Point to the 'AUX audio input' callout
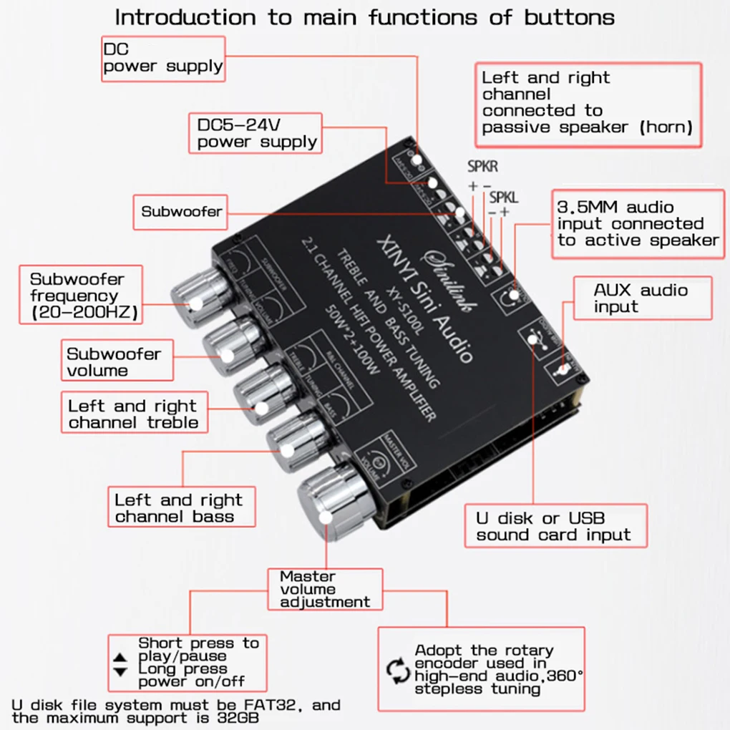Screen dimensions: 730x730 tap(641, 298)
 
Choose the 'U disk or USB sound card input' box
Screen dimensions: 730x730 tap(555, 526)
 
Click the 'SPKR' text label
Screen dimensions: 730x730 tap(482, 167)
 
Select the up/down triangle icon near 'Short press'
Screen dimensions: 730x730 tap(120, 664)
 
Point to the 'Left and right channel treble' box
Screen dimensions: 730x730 tap(133, 414)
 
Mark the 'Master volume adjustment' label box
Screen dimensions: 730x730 tap(324, 588)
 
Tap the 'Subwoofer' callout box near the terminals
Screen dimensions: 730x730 tap(181, 211)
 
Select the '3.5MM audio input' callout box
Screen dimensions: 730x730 tap(637, 223)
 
